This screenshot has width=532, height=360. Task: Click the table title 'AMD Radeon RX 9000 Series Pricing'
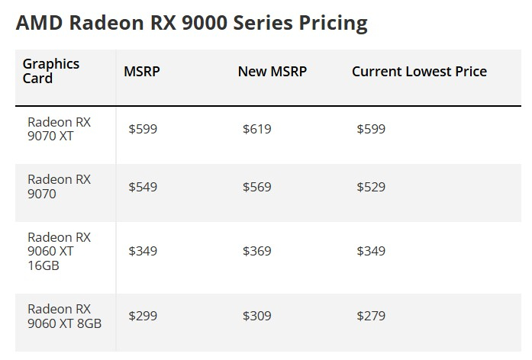pyautogui.click(x=191, y=23)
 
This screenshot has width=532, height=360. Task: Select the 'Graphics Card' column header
pyautogui.click(x=51, y=71)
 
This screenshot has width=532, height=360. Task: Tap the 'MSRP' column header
pyautogui.click(x=142, y=72)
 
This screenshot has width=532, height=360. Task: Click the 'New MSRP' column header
pyautogui.click(x=272, y=72)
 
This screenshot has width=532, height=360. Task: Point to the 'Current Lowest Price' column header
pyautogui.click(x=419, y=72)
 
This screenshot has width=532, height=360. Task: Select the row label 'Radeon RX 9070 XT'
pyautogui.click(x=59, y=129)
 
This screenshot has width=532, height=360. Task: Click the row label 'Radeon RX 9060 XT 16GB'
pyautogui.click(x=59, y=252)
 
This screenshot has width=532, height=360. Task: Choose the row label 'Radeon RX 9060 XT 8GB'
pyautogui.click(x=64, y=316)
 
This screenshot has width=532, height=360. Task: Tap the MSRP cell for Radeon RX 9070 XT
pyautogui.click(x=143, y=129)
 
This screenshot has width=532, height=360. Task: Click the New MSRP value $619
pyautogui.click(x=256, y=129)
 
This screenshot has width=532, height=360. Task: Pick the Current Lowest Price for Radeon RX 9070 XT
pyautogui.click(x=371, y=129)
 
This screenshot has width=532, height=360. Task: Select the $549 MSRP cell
pyautogui.click(x=143, y=187)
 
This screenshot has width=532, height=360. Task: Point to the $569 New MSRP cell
pyautogui.click(x=256, y=187)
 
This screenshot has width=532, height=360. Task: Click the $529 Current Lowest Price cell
pyautogui.click(x=371, y=187)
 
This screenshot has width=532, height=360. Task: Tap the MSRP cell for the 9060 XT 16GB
pyautogui.click(x=143, y=251)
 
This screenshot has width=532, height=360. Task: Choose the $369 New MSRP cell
pyautogui.click(x=256, y=251)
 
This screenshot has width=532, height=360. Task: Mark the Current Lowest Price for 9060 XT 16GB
pyautogui.click(x=371, y=251)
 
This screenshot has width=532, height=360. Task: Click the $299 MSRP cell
pyautogui.click(x=143, y=316)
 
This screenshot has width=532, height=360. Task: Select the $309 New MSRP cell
pyautogui.click(x=256, y=316)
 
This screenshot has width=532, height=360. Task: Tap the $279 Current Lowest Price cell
pyautogui.click(x=371, y=316)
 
